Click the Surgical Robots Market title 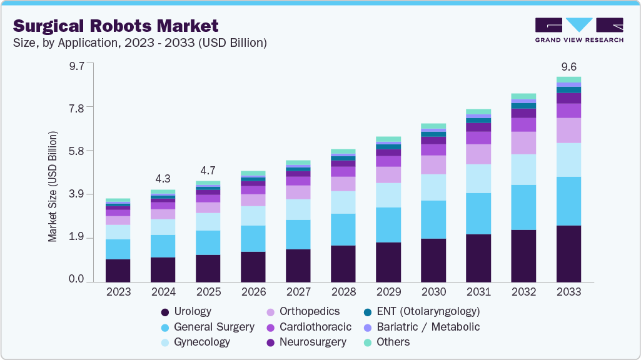pos(116,26)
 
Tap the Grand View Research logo pos(578,30)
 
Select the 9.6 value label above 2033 pos(568,67)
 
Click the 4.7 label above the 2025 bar pos(208,170)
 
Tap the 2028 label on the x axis pos(343,292)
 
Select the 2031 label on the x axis pos(478,292)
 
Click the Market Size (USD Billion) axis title pos(53,187)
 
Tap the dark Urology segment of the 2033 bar pos(568,253)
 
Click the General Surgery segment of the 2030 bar pos(433,219)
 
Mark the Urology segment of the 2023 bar pos(118,270)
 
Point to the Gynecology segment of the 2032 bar pos(523,169)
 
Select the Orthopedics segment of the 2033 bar pos(568,130)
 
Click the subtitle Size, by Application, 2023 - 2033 pos(139,43)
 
